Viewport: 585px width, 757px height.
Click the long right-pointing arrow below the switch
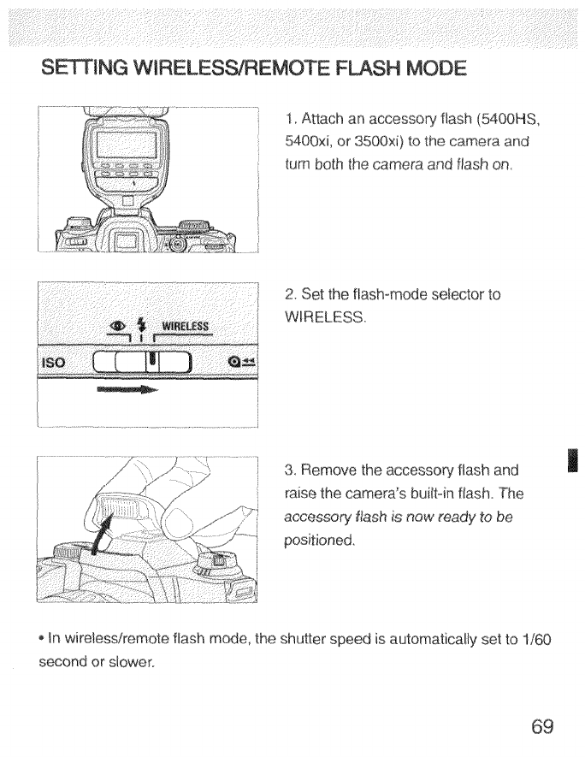(x=127, y=391)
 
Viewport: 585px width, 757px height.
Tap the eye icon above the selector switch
(x=121, y=325)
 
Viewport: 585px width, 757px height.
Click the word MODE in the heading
(x=426, y=68)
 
